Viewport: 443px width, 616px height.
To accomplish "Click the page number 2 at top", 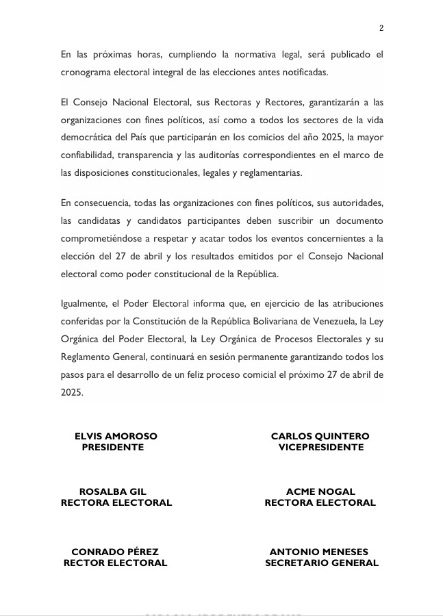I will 381,28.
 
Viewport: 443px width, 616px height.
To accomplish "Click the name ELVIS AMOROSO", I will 116,436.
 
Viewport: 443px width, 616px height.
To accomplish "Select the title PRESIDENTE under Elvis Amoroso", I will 113,447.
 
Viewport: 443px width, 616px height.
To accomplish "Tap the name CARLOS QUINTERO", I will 320,436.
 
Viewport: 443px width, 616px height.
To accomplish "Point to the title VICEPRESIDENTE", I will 320,447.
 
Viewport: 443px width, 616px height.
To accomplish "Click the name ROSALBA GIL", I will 113,491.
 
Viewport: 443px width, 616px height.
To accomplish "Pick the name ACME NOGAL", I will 320,491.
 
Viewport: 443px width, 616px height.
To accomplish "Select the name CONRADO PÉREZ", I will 115,552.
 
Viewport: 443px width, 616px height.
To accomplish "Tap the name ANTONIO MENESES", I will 319,552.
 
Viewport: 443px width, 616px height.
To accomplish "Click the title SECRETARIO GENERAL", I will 322,563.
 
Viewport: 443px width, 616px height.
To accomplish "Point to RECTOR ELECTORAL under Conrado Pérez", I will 115,563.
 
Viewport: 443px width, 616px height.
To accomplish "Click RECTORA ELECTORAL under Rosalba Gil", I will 116,502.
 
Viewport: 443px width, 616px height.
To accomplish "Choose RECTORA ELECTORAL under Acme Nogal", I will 320,502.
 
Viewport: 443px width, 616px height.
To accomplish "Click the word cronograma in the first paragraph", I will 88,71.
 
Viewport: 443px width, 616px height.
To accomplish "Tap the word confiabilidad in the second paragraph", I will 91,155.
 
